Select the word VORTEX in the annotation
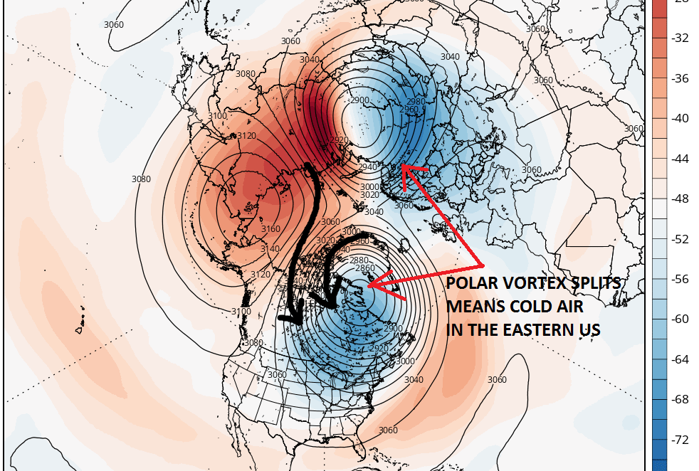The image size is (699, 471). tap(530, 285)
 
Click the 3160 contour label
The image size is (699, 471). tap(272, 229)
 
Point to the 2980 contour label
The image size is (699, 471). tap(416, 102)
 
